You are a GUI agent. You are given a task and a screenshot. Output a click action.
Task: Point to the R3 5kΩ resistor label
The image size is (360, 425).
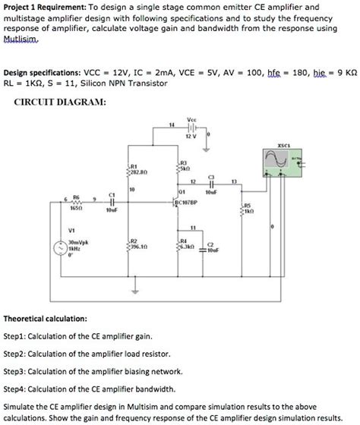tap(183, 166)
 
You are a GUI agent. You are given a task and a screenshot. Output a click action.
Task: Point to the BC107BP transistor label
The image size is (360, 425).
tap(186, 204)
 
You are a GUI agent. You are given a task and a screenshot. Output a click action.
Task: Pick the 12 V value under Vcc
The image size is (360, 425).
tap(194, 137)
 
